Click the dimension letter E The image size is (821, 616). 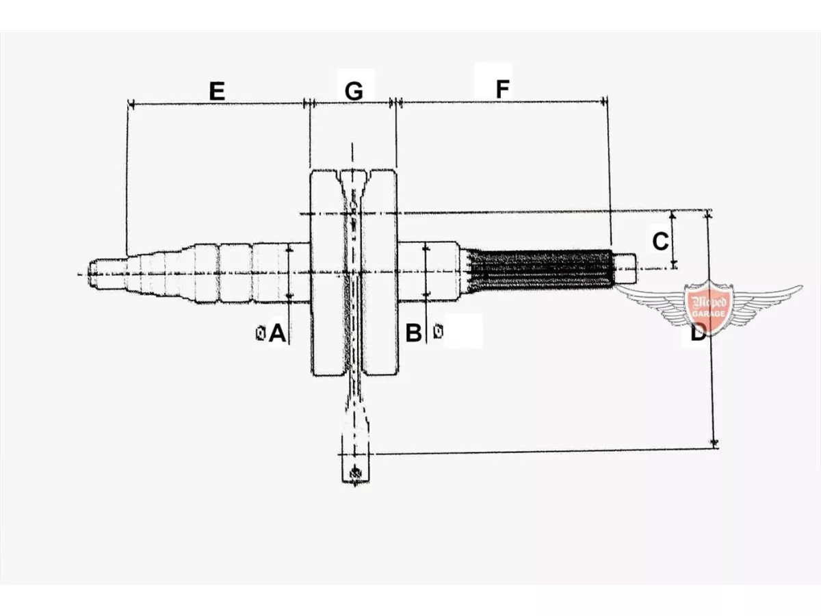[x=217, y=91]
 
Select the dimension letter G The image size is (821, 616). [x=354, y=91]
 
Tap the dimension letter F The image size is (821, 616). [x=503, y=89]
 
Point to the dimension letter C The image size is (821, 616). [x=660, y=241]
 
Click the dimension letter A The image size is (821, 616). [x=278, y=333]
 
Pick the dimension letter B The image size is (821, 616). [x=414, y=333]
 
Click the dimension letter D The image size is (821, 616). [x=698, y=333]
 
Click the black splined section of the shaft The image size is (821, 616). [x=541, y=270]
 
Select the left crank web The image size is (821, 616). [x=328, y=272]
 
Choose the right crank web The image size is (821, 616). [x=379, y=272]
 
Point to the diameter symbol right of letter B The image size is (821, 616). [x=438, y=331]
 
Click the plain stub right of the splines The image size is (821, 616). [x=625, y=268]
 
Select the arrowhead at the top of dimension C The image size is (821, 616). [x=673, y=215]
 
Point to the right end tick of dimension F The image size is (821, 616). [x=603, y=101]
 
